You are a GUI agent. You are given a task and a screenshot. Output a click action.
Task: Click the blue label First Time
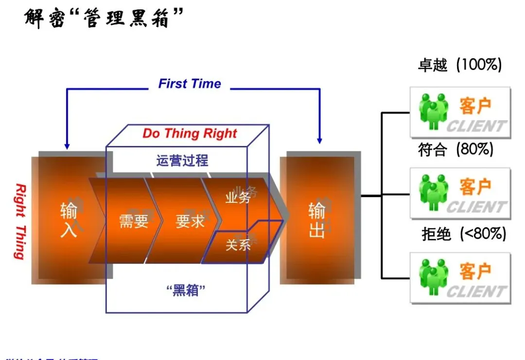(190, 84)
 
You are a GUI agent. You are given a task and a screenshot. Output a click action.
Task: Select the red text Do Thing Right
(190, 134)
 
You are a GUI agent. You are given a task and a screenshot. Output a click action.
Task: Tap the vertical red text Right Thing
(19, 221)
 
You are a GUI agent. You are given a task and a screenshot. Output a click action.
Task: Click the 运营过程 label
(182, 161)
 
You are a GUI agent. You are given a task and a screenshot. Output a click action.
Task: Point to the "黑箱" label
(185, 291)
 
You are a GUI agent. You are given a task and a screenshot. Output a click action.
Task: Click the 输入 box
(69, 220)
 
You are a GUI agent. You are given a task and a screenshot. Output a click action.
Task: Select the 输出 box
(316, 220)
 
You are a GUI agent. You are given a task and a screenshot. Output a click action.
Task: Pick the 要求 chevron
(190, 221)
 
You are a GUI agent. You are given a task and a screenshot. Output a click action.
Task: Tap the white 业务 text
(238, 198)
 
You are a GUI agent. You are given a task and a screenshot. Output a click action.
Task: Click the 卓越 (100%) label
(459, 65)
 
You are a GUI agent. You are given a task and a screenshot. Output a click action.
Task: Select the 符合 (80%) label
(455, 149)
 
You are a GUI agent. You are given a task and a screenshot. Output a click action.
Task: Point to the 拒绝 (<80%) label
(463, 234)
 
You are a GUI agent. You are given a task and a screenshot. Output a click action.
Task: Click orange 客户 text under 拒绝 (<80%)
(475, 271)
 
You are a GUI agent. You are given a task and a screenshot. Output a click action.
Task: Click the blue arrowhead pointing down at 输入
(67, 145)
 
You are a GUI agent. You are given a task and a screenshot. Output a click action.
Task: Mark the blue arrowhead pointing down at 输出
(319, 140)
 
